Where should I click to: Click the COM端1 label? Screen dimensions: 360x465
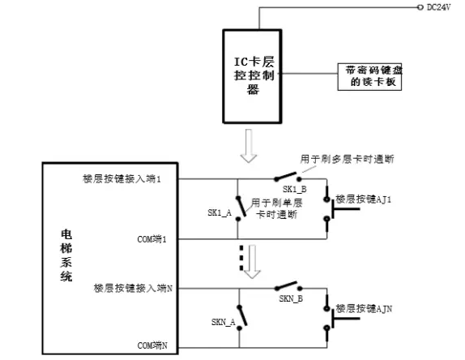pos(152,239)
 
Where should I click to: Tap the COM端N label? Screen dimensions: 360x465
pos(152,346)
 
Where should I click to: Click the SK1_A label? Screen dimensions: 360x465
pos(220,212)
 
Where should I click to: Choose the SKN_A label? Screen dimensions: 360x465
pos(224,322)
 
